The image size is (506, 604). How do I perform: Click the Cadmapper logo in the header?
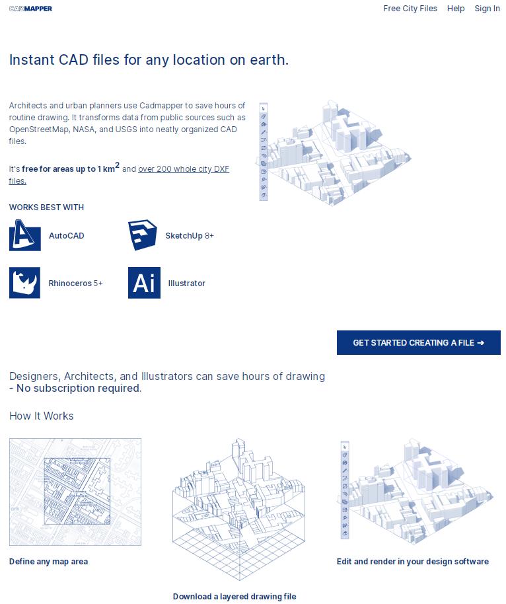30,9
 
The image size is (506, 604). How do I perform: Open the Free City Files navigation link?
410,9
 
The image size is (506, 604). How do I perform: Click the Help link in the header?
456,9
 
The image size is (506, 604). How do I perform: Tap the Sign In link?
487,9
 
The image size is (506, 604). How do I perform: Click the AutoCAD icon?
25,235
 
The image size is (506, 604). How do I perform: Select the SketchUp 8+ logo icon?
143,235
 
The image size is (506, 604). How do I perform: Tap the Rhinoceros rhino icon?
24,283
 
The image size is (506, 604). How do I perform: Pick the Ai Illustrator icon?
144,283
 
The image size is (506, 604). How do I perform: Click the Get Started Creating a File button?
419,342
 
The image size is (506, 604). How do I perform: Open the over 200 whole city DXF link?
184,169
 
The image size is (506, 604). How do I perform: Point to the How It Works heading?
41,416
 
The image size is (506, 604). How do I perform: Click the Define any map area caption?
48,562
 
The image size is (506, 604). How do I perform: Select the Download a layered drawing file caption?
235,597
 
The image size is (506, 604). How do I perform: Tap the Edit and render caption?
413,562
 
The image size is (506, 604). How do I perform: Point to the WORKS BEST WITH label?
47,208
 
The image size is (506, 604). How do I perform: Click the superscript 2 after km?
118,165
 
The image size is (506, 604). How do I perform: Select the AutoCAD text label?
67,236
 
